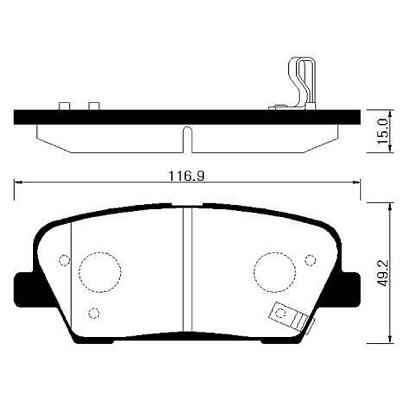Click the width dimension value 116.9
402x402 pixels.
point(186,176)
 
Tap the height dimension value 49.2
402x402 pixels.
point(383,273)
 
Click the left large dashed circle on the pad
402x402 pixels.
point(100,271)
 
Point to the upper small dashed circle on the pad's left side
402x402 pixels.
point(65,260)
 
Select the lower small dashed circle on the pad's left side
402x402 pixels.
point(94,312)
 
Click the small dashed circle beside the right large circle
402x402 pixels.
point(310,260)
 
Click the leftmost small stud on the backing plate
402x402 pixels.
point(65,106)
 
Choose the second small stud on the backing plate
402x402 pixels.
point(94,106)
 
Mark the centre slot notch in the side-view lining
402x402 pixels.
point(187,139)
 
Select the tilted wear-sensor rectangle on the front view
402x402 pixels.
point(289,317)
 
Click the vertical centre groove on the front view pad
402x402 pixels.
point(188,275)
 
